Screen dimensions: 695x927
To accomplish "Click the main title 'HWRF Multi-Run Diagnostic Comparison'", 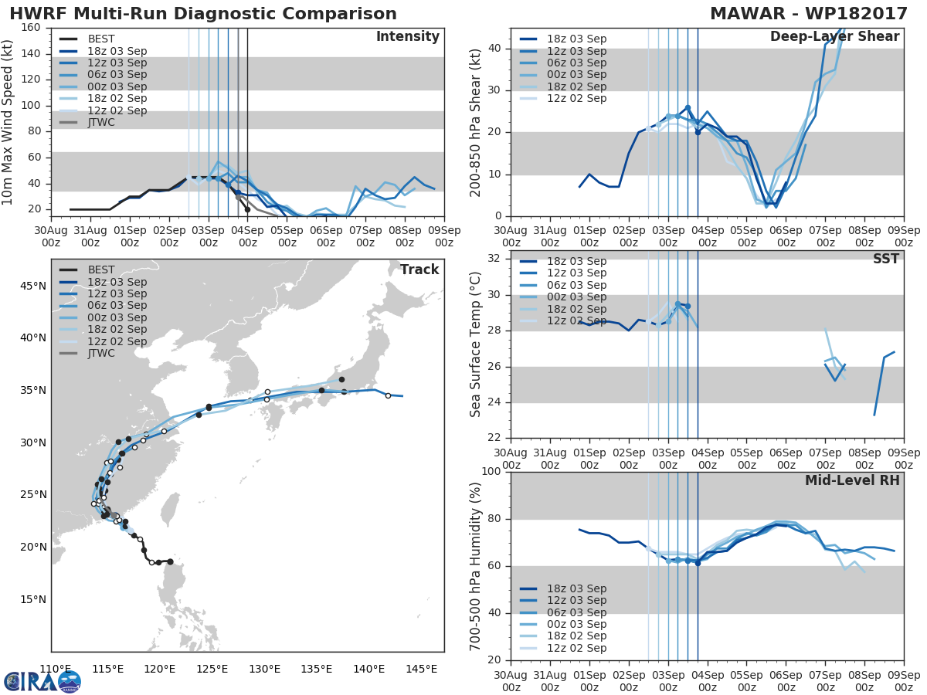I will tap(203, 14).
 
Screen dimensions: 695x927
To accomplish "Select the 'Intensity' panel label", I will tap(407, 37).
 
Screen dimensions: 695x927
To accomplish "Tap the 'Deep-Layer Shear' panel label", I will tap(834, 37).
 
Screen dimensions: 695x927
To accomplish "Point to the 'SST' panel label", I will tap(885, 259).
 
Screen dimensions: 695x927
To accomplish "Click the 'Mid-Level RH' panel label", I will tap(852, 480).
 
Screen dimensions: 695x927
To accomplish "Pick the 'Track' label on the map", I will tap(419, 270).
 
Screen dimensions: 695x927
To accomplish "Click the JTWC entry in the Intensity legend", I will tap(106, 122).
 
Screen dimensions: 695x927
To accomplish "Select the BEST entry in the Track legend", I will tap(101, 270).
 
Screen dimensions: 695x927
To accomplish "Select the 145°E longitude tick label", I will tap(422, 669).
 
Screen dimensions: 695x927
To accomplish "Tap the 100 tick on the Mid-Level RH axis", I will tap(493, 472).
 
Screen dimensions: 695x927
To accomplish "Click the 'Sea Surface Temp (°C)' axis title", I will tap(476, 344).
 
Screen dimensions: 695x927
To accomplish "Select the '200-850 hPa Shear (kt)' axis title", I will tap(476, 122).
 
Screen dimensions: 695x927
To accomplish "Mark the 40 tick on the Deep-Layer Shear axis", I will tap(496, 48).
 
